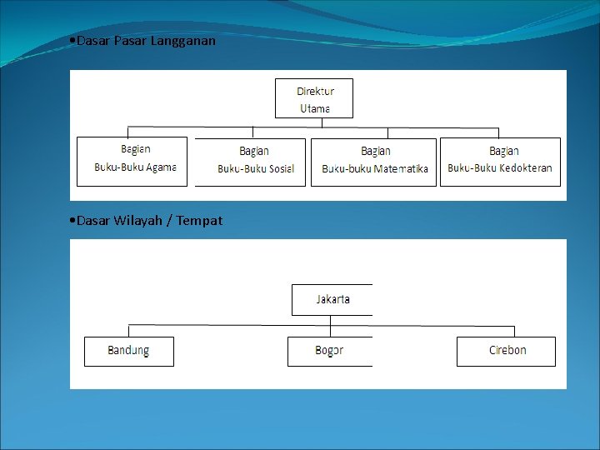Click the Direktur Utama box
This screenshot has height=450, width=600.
pyautogui.click(x=314, y=98)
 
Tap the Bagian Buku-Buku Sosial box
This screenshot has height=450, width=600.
pyautogui.click(x=250, y=161)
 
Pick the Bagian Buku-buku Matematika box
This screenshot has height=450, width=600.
pyautogui.click(x=373, y=161)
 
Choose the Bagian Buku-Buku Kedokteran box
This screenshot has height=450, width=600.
pyautogui.click(x=500, y=161)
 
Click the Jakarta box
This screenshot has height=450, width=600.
pyautogui.click(x=332, y=299)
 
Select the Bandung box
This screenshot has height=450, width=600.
pyautogui.click(x=129, y=351)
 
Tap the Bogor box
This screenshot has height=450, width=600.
pyautogui.click(x=330, y=351)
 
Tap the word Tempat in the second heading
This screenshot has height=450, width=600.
pyautogui.click(x=199, y=221)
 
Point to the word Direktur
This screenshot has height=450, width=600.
pyautogui.click(x=316, y=91)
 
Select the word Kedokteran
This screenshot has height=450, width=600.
pyautogui.click(x=525, y=168)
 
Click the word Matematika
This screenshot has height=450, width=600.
pyautogui.click(x=401, y=168)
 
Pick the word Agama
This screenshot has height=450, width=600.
pyautogui.click(x=161, y=167)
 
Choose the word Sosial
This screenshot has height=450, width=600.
pyautogui.click(x=280, y=168)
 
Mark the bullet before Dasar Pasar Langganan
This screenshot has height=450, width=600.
pyautogui.click(x=73, y=40)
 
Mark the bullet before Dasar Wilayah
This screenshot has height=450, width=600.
pyautogui.click(x=73, y=221)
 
